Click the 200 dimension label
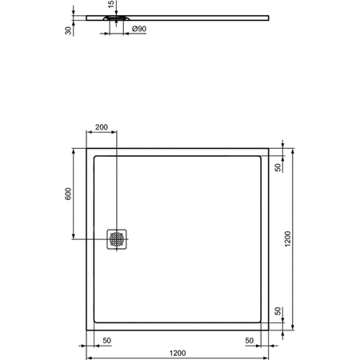click(102, 128)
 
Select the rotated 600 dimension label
click(69, 194)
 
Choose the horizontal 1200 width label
click(178, 353)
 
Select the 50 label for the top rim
click(278, 167)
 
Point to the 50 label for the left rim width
click(106, 341)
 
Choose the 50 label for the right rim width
click(249, 341)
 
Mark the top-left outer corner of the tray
click(86, 148)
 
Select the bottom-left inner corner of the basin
click(94, 322)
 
